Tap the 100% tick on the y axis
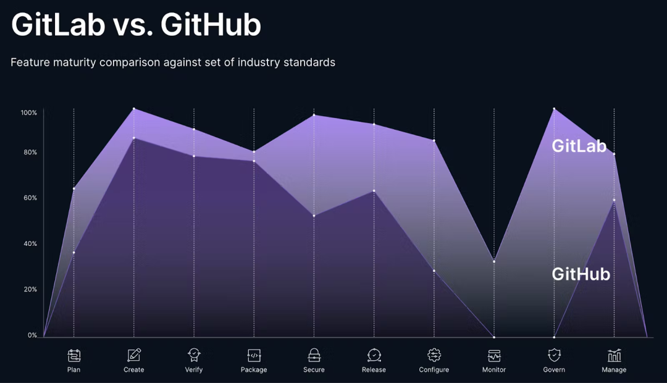[x=29, y=113]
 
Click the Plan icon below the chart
[x=74, y=355]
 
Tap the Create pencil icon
[x=134, y=355]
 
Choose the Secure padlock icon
[x=314, y=355]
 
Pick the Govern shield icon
[x=554, y=355]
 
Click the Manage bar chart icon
[x=614, y=355]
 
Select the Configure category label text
[x=434, y=370]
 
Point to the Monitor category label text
[x=494, y=370]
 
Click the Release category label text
[x=374, y=370]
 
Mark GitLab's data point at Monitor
[x=494, y=261]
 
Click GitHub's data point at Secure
[x=314, y=216]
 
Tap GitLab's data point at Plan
[x=74, y=189]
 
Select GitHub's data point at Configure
[x=434, y=271]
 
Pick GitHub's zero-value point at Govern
[x=554, y=337]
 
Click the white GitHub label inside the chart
[x=581, y=274]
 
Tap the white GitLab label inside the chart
[x=579, y=146]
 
